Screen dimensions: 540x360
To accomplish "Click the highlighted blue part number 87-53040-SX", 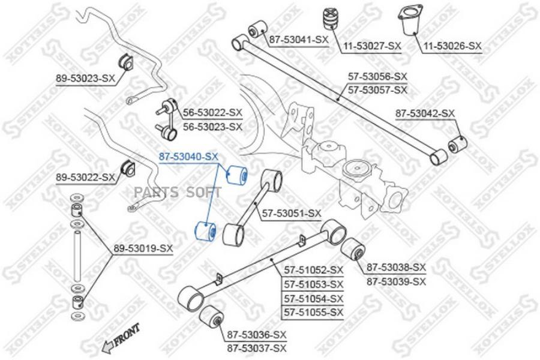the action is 188,157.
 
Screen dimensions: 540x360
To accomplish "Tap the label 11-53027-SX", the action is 371,46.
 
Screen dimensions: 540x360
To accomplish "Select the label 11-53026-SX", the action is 452,46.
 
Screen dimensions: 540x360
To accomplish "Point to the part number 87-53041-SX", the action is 299,40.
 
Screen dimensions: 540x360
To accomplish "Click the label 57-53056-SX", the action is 377,76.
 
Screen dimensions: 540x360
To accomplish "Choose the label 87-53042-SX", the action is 425,113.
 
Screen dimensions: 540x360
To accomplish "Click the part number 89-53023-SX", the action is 85,79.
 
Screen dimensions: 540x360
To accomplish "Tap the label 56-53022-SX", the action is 212,112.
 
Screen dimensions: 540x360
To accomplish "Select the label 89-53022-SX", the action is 85,178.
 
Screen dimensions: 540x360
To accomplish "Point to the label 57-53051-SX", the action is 292,214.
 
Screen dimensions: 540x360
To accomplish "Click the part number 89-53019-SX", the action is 143,248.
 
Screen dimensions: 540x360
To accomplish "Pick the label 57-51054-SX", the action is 313,298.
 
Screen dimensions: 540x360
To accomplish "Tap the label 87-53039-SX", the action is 396,281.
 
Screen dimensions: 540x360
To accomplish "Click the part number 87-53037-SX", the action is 257,348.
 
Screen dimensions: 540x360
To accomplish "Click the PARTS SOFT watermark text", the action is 178,192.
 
